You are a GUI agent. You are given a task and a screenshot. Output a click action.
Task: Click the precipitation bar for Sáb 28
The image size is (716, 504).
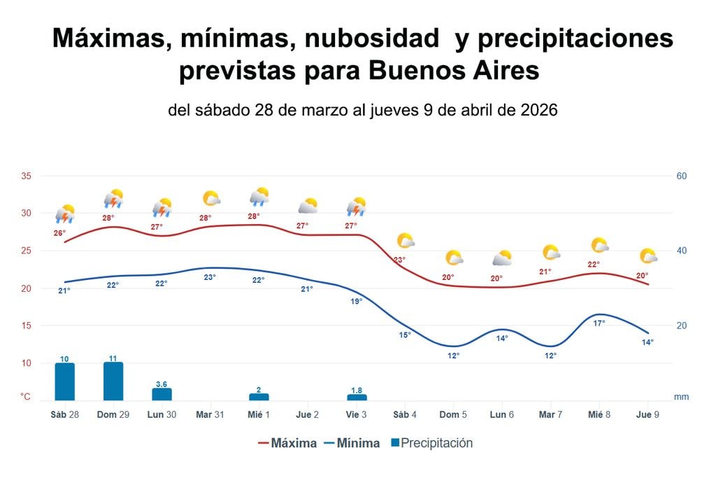tap(64, 381)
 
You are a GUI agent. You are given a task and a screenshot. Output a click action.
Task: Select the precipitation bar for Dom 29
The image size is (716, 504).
tap(113, 381)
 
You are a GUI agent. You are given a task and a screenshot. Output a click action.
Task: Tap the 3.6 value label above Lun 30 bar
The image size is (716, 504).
tap(162, 384)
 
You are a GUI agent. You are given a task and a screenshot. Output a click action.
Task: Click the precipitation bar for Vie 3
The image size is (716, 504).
tap(357, 398)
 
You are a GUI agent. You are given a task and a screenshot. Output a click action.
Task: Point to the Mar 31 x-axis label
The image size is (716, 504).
tap(210, 414)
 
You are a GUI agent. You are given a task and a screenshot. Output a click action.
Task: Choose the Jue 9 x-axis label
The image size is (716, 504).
tap(648, 414)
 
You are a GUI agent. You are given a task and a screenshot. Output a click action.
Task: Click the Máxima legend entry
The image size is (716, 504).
tap(287, 443)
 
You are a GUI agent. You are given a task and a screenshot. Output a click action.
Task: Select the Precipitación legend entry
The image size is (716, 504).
tap(431, 443)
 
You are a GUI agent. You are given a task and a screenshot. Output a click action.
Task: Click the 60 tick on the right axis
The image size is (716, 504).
tap(682, 176)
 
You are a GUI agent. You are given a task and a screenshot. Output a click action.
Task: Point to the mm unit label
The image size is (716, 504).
tap(681, 397)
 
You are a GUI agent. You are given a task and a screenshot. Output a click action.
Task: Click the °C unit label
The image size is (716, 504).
tap(25, 397)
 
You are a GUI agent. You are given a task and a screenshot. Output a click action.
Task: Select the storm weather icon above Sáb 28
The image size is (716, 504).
tap(65, 213)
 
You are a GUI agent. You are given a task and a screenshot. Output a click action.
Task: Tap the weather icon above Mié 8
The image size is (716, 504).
tap(600, 245)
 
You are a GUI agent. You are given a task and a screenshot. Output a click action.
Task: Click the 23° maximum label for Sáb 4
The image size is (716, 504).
tap(399, 260)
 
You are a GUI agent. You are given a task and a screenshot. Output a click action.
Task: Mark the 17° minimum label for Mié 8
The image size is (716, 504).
tap(599, 323)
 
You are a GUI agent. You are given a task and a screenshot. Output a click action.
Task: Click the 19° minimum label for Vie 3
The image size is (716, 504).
tap(356, 302)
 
